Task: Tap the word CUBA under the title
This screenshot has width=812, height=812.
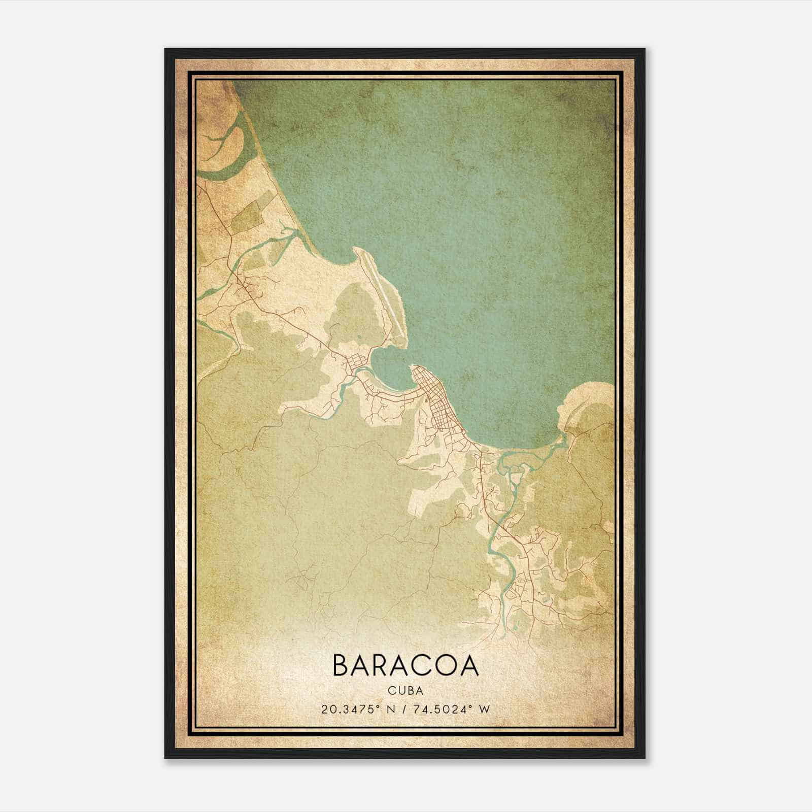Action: pyautogui.click(x=405, y=691)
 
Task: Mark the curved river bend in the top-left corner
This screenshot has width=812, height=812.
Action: pyautogui.click(x=228, y=147)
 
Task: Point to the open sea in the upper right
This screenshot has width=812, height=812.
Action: pyautogui.click(x=507, y=178)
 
